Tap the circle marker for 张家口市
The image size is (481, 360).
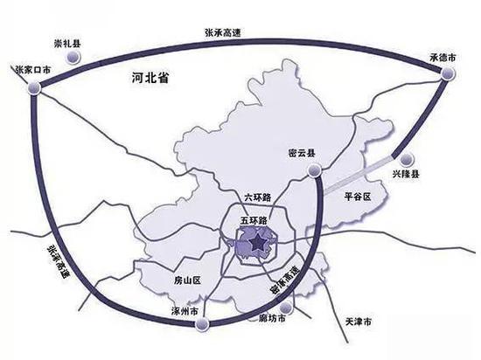tap(34, 87)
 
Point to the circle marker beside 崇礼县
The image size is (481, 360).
tap(76, 57)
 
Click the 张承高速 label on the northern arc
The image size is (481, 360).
tap(223, 33)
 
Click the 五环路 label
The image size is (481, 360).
tap(254, 211)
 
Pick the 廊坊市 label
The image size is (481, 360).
tap(275, 315)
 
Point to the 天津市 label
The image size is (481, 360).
tap(358, 321)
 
